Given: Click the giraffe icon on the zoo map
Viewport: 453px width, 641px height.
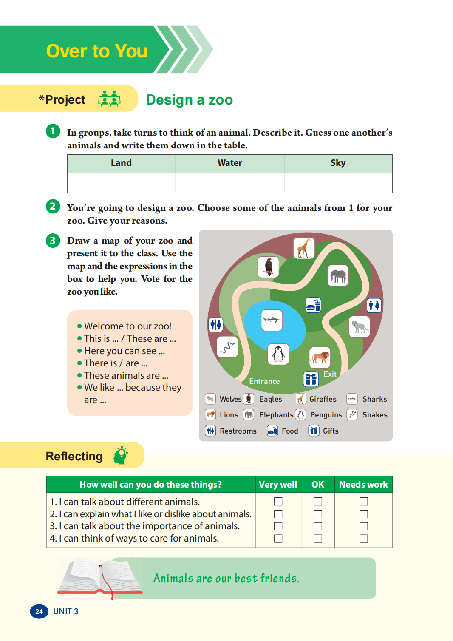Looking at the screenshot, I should click(x=304, y=248).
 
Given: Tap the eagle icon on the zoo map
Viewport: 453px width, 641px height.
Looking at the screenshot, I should click(x=268, y=267).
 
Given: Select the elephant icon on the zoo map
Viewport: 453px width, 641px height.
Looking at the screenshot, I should click(x=338, y=275).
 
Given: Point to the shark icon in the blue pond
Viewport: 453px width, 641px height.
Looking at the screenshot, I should click(x=272, y=320).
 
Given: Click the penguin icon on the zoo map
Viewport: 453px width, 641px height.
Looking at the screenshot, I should click(x=278, y=354).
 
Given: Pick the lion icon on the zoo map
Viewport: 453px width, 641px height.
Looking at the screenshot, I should click(x=320, y=357).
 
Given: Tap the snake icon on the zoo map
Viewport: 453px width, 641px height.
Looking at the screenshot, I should click(x=227, y=347).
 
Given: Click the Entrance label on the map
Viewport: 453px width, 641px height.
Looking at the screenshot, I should click(x=264, y=381).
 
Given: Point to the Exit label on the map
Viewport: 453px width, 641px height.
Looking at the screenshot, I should click(x=330, y=374).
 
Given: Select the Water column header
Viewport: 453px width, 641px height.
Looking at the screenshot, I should click(x=229, y=163).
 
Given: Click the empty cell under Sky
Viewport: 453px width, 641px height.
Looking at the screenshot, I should click(x=338, y=183).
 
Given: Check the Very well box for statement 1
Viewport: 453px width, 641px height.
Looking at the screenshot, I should click(x=278, y=502).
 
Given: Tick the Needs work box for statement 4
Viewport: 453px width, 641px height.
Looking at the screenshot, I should click(x=363, y=539).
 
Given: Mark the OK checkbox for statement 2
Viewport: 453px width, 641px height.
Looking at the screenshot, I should click(x=318, y=514).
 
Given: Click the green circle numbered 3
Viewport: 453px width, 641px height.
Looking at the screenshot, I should click(x=53, y=241).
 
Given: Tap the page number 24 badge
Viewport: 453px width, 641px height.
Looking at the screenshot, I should click(x=39, y=611).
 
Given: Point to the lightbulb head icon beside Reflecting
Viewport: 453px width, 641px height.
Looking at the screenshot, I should click(x=121, y=456).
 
